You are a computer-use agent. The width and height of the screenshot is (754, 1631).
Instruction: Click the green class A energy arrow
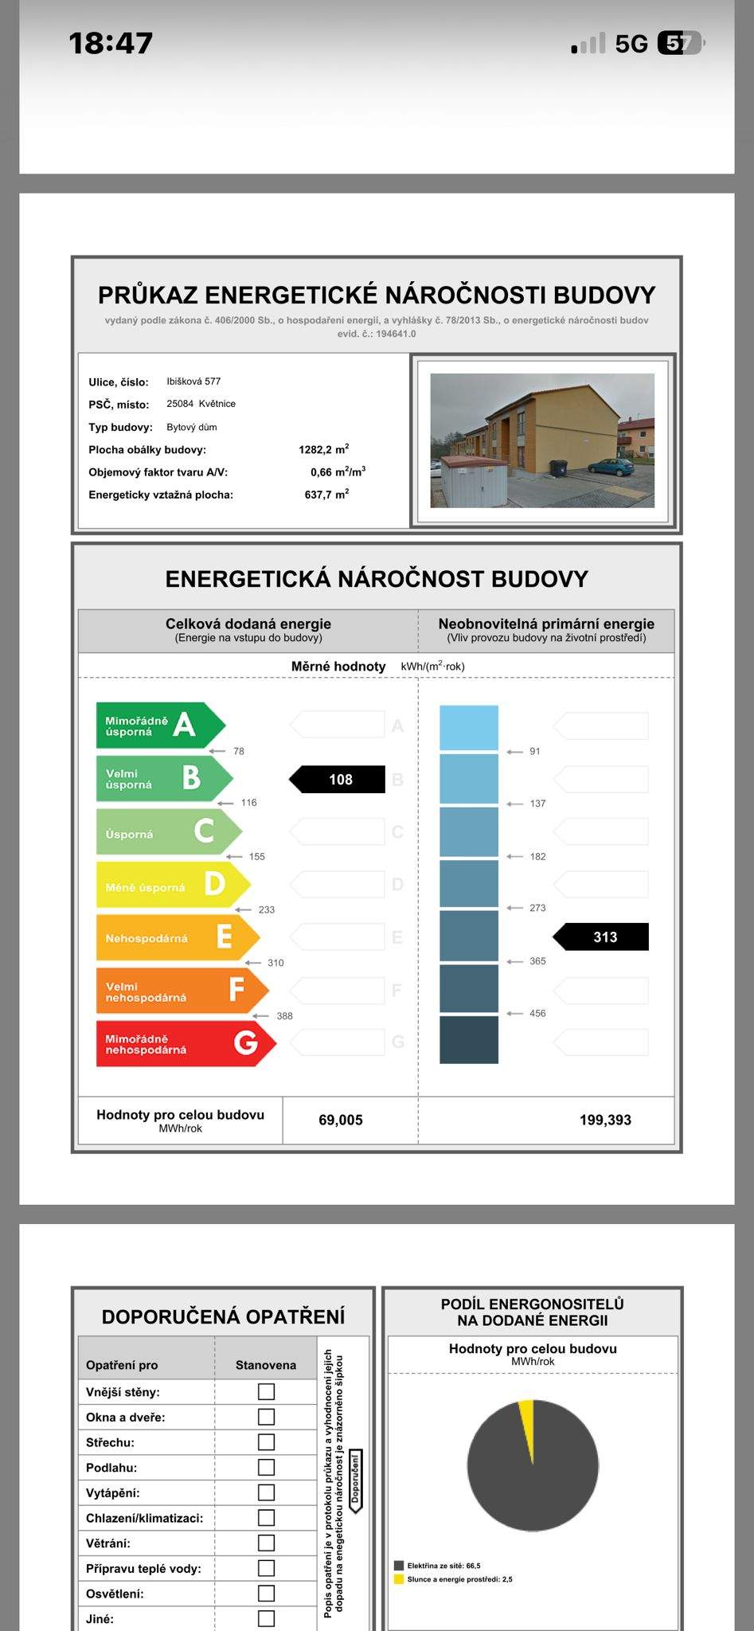159,725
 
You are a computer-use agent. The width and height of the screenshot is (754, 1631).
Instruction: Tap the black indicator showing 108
338,780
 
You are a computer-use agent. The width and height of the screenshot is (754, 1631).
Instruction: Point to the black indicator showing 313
602,937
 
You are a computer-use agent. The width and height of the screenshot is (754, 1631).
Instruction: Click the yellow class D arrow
172,885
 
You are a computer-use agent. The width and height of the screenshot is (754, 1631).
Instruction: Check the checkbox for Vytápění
266,1492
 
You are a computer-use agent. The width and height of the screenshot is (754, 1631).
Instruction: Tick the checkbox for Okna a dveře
266,1417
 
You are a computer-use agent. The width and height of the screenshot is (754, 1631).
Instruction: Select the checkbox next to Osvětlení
266,1594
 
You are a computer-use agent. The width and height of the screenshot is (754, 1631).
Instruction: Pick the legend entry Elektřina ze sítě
443,1566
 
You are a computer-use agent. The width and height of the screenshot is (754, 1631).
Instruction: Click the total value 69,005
341,1120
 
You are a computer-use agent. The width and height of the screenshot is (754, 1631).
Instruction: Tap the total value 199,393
605,1120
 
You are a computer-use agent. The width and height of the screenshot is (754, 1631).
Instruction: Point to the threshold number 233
267,909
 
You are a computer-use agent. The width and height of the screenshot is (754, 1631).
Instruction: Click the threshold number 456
537,1013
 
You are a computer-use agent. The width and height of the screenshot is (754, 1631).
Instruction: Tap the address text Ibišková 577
193,381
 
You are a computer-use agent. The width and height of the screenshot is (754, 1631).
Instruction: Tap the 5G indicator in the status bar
631,44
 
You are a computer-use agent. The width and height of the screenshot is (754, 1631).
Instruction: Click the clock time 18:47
111,43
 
